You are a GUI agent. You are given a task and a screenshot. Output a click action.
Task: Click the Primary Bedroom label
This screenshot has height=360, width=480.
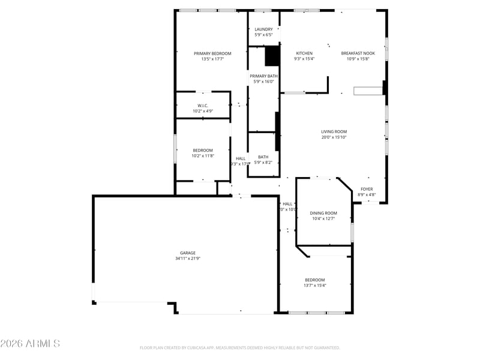212,53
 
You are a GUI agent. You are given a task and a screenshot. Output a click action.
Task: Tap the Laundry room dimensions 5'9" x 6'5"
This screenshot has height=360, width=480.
263,35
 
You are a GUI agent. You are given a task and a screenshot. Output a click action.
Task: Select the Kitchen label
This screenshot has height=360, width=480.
304,53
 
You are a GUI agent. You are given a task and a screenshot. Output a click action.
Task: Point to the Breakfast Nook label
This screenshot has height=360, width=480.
358,53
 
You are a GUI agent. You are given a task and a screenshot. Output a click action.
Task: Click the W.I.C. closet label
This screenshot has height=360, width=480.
203,106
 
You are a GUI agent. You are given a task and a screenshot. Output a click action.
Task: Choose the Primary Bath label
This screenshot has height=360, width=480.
263,76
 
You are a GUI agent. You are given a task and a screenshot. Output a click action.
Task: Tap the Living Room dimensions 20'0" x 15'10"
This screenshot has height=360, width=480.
334,137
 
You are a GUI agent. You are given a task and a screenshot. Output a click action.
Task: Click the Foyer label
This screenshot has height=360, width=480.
367,189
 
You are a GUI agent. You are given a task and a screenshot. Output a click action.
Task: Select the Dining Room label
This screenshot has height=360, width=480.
323,213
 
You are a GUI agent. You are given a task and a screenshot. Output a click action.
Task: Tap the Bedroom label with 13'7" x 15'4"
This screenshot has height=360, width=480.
315,280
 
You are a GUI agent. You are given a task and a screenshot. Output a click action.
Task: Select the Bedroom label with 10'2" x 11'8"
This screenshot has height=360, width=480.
203,151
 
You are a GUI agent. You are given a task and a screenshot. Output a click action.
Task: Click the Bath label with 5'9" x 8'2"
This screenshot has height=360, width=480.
263,157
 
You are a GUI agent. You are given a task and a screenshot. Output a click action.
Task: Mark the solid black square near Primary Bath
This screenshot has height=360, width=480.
272,56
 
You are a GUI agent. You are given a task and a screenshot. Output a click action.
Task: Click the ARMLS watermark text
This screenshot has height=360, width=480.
30,344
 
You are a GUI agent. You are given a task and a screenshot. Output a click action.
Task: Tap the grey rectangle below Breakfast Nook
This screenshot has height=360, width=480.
368,91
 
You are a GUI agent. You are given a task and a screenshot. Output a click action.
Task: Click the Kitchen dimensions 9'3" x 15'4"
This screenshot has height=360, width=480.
304,59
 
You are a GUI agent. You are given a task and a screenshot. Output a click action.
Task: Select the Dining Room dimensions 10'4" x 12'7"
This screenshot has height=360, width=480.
323,219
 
